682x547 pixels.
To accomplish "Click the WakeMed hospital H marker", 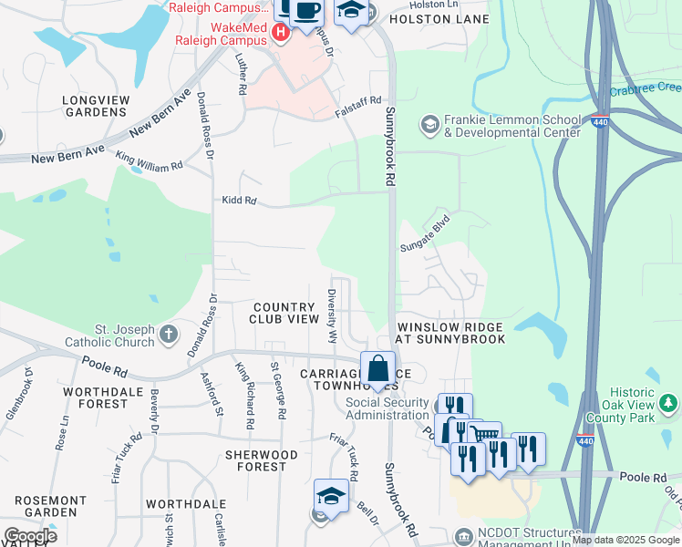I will (281, 33).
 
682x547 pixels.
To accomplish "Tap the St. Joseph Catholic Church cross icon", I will (167, 334).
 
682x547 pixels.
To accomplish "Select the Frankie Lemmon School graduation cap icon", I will (429, 122).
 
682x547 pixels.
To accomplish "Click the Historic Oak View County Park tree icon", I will (668, 402).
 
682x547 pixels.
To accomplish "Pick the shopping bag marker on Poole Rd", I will (377, 369).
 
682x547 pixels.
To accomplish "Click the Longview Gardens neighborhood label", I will (94, 106).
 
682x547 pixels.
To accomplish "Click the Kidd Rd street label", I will (239, 200).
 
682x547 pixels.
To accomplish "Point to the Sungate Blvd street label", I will (426, 234).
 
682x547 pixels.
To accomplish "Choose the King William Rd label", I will (149, 160).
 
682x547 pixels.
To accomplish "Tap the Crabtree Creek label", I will (646, 88).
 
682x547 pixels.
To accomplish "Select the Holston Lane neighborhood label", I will (439, 18).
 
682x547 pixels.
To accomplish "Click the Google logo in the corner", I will (30, 536).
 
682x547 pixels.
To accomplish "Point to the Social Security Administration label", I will (387, 408).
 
